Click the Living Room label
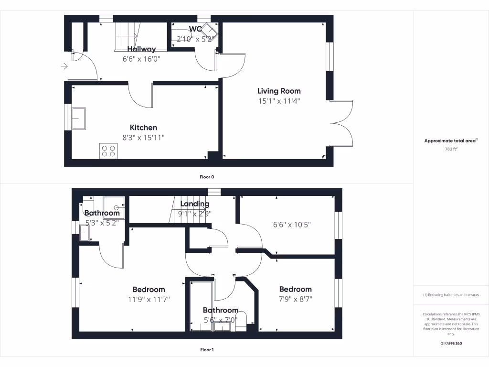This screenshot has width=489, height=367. [x=279, y=91]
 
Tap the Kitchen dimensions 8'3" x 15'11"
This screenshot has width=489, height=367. [x=144, y=138]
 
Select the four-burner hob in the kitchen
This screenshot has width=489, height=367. [x=108, y=151]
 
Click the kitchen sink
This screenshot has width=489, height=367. [x=78, y=118]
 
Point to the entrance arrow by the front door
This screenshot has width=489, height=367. [x=64, y=66]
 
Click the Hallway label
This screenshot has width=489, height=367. [x=141, y=49]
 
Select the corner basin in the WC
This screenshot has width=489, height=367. [x=209, y=32]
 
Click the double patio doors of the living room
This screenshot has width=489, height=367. [x=341, y=123]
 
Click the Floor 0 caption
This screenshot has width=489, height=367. [x=207, y=177]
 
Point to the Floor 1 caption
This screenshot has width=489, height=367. [x=207, y=350]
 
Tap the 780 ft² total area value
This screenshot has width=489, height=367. [x=451, y=149]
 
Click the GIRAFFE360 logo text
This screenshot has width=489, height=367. [x=451, y=344]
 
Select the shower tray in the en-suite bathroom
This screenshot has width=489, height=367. [x=114, y=207]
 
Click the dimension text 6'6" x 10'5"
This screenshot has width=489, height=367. [x=292, y=225]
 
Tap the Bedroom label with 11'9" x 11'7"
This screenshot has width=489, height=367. [x=149, y=290]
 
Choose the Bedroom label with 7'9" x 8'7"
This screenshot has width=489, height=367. [x=295, y=289]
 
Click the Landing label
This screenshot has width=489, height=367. [x=195, y=205]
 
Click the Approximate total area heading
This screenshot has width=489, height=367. [x=451, y=140]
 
